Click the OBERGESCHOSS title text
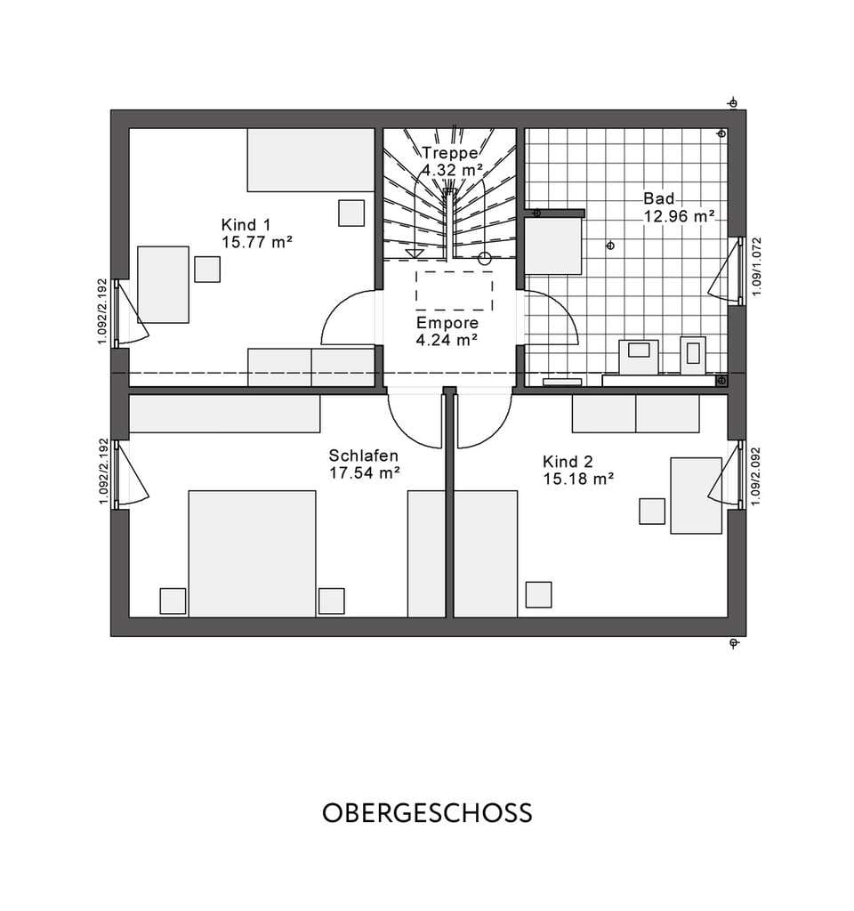(x=427, y=813)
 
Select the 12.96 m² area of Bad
(x=679, y=216)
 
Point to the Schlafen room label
(x=363, y=455)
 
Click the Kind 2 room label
(x=568, y=462)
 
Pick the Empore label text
(x=447, y=322)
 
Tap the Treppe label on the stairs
(x=450, y=153)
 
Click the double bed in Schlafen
(x=252, y=553)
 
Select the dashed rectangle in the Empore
(x=455, y=291)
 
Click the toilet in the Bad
(x=692, y=355)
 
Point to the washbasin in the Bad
(x=639, y=356)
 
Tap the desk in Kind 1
(x=164, y=285)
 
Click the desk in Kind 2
(x=696, y=496)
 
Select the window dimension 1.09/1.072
(x=756, y=266)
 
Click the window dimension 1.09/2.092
(x=756, y=476)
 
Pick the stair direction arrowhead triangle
(x=415, y=254)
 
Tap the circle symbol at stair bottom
(x=485, y=259)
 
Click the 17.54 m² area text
(x=364, y=473)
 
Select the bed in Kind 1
(x=310, y=160)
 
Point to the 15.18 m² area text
(x=578, y=479)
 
